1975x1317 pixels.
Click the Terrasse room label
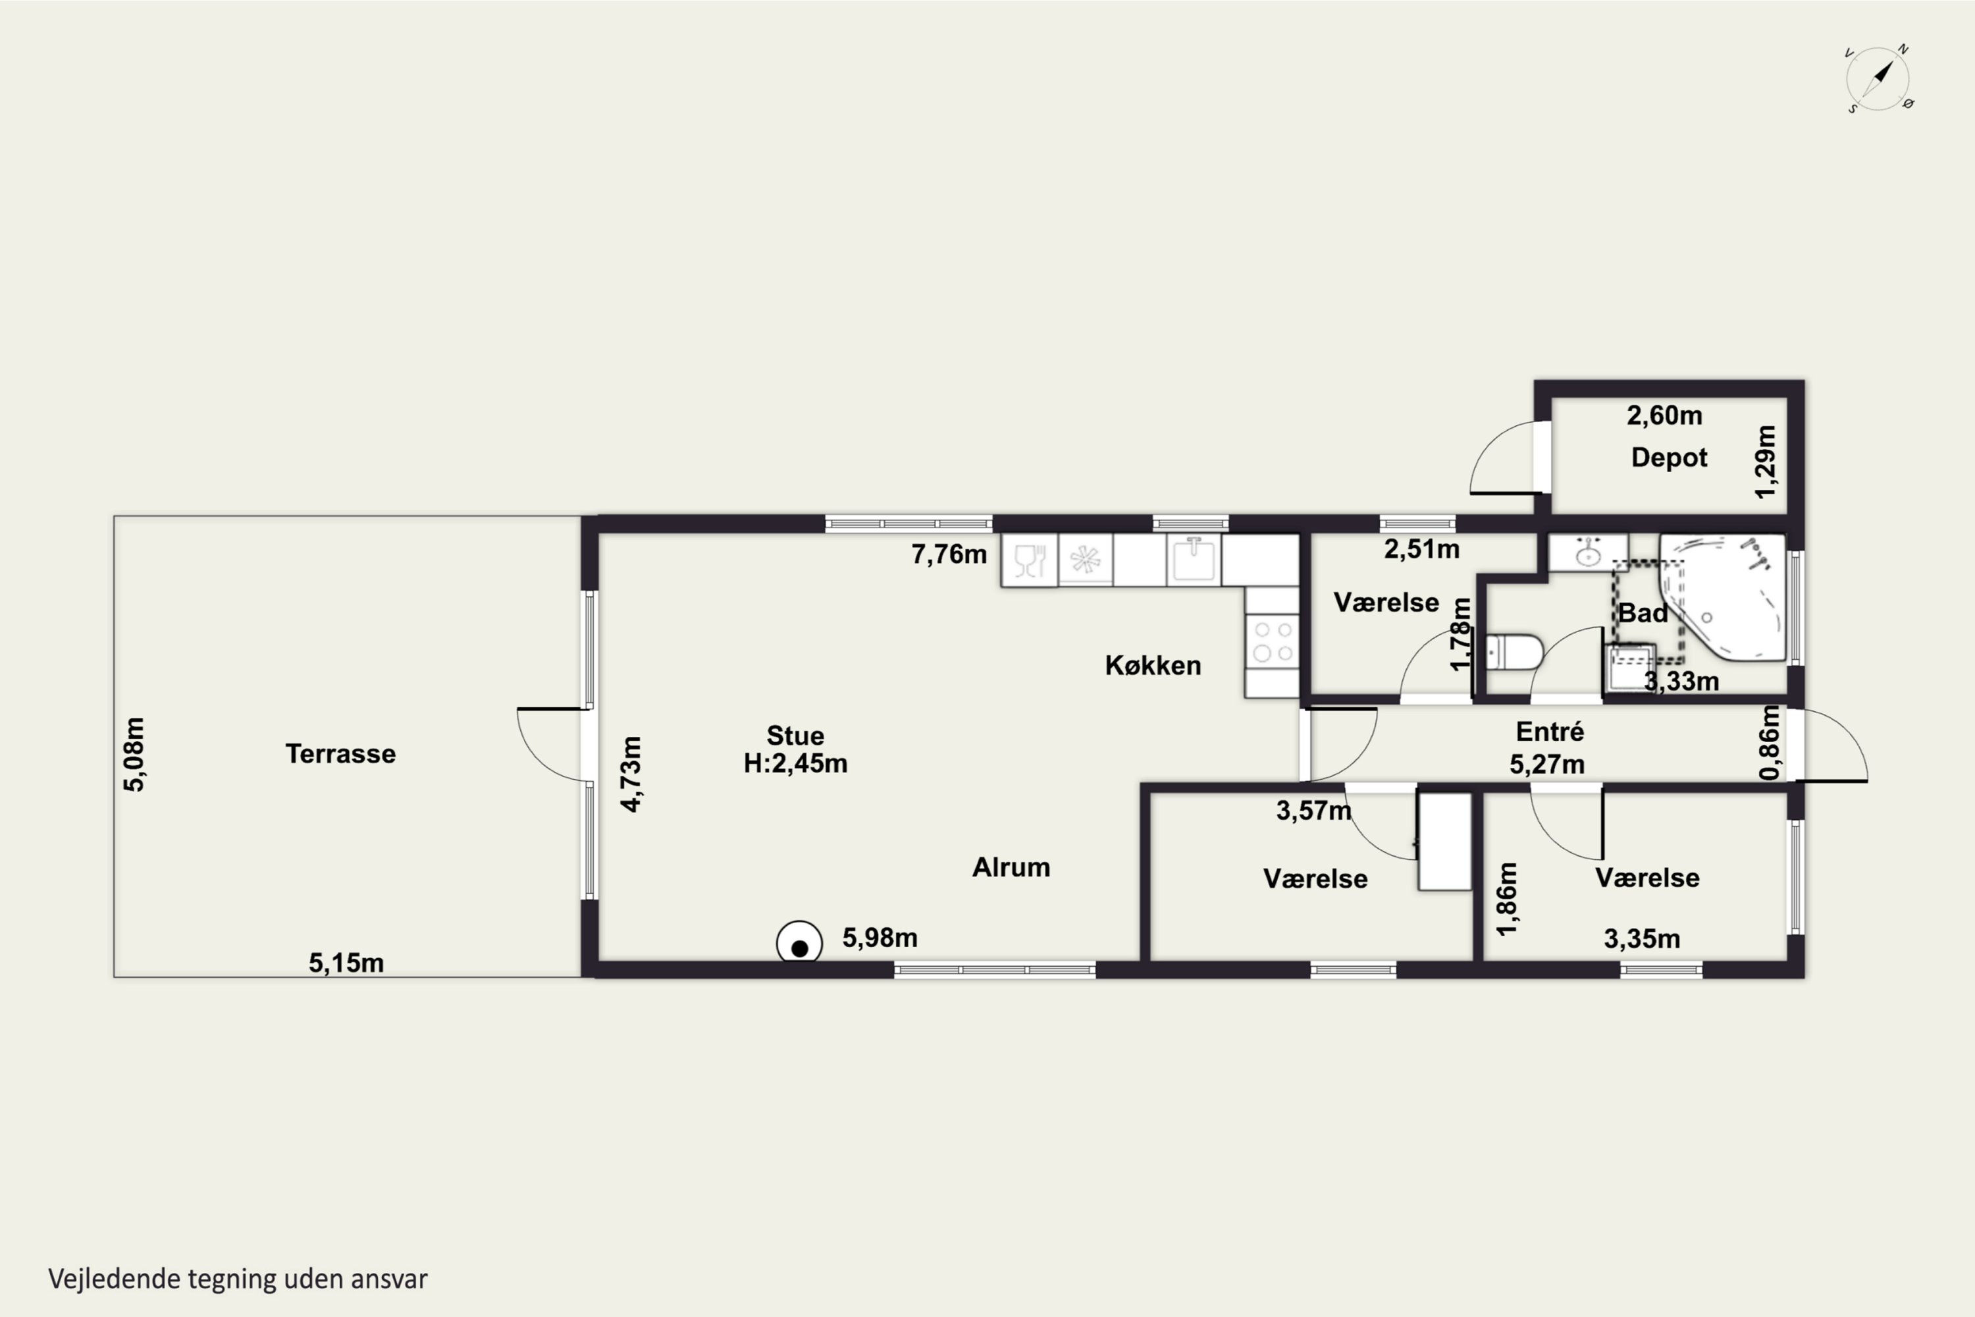pos(340,753)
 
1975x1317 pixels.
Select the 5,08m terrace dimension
pos(134,753)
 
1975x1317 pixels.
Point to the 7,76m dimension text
pos(949,554)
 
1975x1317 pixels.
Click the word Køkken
pos(1153,665)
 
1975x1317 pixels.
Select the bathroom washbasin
pos(1588,552)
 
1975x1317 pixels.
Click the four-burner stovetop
pos(1272,641)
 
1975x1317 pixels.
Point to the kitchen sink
pos(1193,559)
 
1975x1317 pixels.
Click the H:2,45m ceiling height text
pos(795,763)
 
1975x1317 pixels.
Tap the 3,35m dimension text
pos(1642,938)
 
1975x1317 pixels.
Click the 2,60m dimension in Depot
pos(1664,415)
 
